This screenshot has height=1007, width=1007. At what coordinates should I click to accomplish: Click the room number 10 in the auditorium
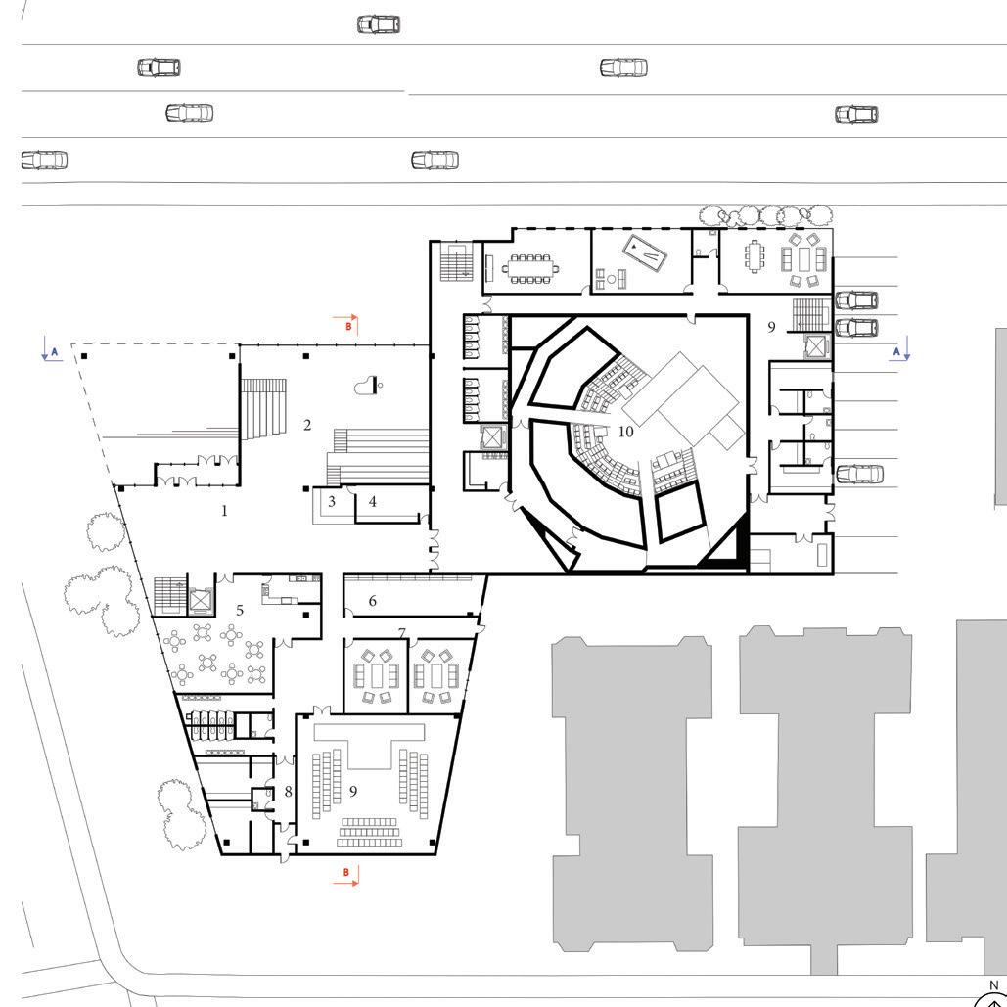click(x=625, y=432)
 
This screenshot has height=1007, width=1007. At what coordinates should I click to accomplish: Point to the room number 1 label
click(x=224, y=511)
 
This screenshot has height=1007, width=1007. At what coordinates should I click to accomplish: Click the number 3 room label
click(x=332, y=501)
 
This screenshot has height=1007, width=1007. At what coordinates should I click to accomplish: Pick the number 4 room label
click(x=373, y=502)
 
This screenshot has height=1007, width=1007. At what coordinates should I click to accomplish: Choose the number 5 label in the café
click(x=240, y=610)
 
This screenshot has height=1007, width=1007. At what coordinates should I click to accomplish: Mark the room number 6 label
click(x=373, y=601)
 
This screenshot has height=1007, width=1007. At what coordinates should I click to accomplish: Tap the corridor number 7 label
click(x=402, y=633)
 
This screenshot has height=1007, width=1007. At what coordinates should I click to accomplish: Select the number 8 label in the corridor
click(x=288, y=792)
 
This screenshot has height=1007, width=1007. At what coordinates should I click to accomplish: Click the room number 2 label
click(x=307, y=425)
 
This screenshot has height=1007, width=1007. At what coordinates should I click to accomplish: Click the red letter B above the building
click(x=348, y=326)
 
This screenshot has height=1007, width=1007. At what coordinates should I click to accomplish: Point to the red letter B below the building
click(x=346, y=872)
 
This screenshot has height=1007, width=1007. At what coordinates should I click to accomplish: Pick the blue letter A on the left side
click(x=55, y=352)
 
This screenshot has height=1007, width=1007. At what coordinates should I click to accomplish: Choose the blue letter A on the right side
click(x=896, y=351)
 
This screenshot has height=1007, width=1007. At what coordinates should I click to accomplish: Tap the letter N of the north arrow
click(x=994, y=985)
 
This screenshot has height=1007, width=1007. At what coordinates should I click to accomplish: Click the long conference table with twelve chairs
click(x=530, y=269)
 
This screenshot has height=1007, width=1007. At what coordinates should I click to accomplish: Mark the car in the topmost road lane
click(x=379, y=24)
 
